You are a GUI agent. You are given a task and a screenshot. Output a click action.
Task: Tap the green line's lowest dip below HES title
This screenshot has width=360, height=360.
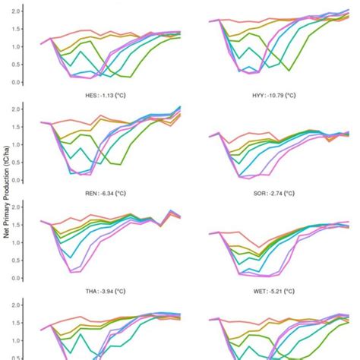[117, 164]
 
